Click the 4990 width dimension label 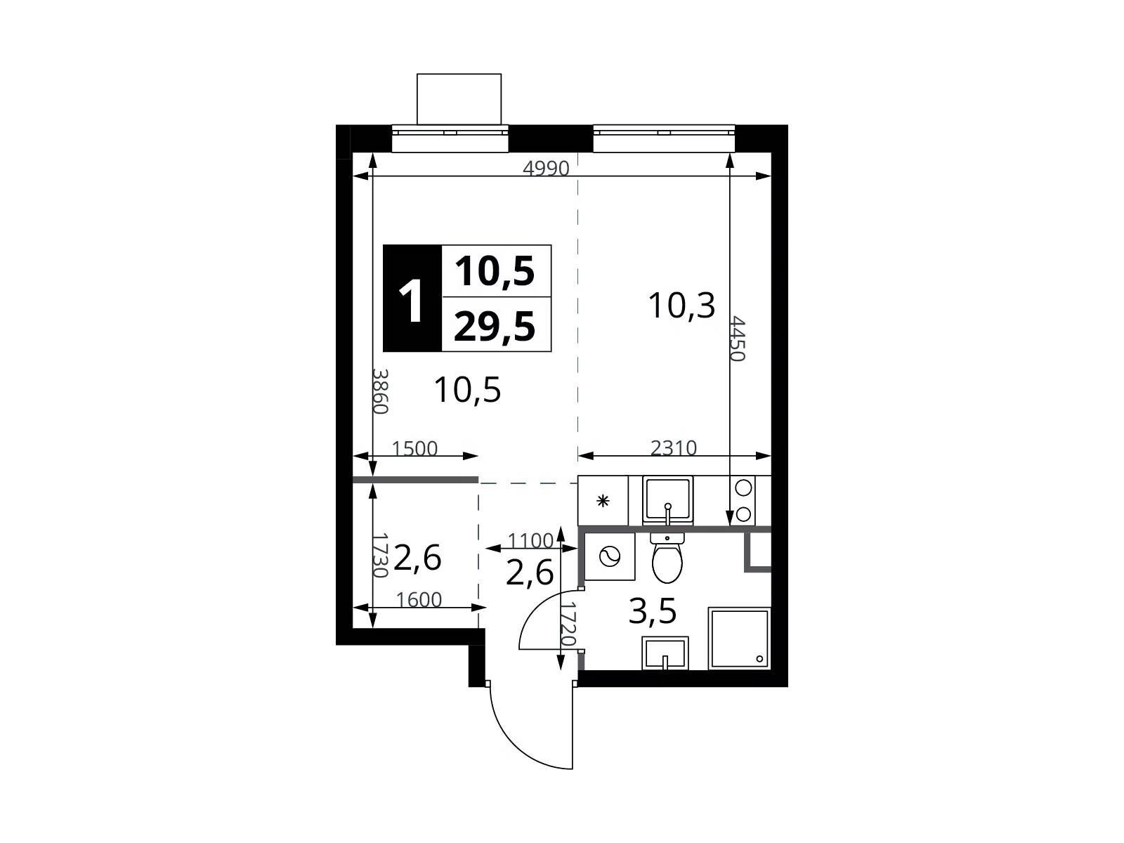click(546, 169)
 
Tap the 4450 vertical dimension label click(736, 339)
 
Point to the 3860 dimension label click(381, 391)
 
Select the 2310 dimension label click(674, 448)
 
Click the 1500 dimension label click(414, 449)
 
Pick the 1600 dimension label click(419, 600)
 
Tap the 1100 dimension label click(530, 540)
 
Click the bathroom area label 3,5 click(653, 611)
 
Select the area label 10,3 click(681, 306)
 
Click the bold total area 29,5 click(495, 327)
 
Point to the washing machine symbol click(609, 556)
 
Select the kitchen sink click(668, 500)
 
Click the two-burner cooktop click(743, 501)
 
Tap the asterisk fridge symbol click(603, 501)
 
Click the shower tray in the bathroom click(739, 639)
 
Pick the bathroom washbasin click(665, 653)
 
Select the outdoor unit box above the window click(459, 99)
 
